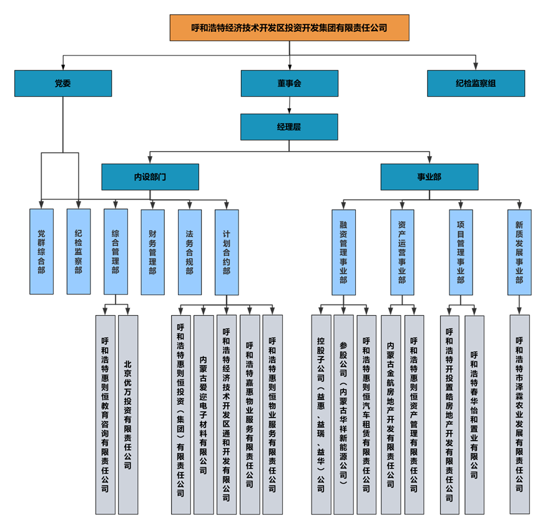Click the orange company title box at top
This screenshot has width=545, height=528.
click(289, 28)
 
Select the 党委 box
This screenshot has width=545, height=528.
click(62, 83)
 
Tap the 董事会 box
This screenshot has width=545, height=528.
click(289, 83)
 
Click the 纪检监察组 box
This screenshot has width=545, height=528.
click(476, 83)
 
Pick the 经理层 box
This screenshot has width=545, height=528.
click(289, 127)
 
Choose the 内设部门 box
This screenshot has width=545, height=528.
click(150, 177)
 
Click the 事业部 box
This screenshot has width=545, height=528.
click(429, 177)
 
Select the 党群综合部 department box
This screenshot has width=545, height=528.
click(41, 251)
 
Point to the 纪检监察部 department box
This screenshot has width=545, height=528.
click(78, 251)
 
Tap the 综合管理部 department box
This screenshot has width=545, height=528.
click(115, 251)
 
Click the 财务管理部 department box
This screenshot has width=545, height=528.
click(152, 251)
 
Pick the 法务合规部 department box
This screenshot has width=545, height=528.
click(189, 251)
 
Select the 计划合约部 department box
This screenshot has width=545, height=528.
click(227, 251)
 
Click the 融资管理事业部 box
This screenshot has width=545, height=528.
click(343, 251)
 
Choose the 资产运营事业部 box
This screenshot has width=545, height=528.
click(402, 251)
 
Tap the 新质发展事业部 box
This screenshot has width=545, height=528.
click(519, 251)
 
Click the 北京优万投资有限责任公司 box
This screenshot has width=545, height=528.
click(128, 414)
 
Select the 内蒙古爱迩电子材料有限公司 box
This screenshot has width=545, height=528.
click(204, 414)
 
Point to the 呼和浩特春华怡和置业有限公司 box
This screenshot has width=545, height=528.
click(474, 414)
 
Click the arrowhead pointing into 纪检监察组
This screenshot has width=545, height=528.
click(476, 67)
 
